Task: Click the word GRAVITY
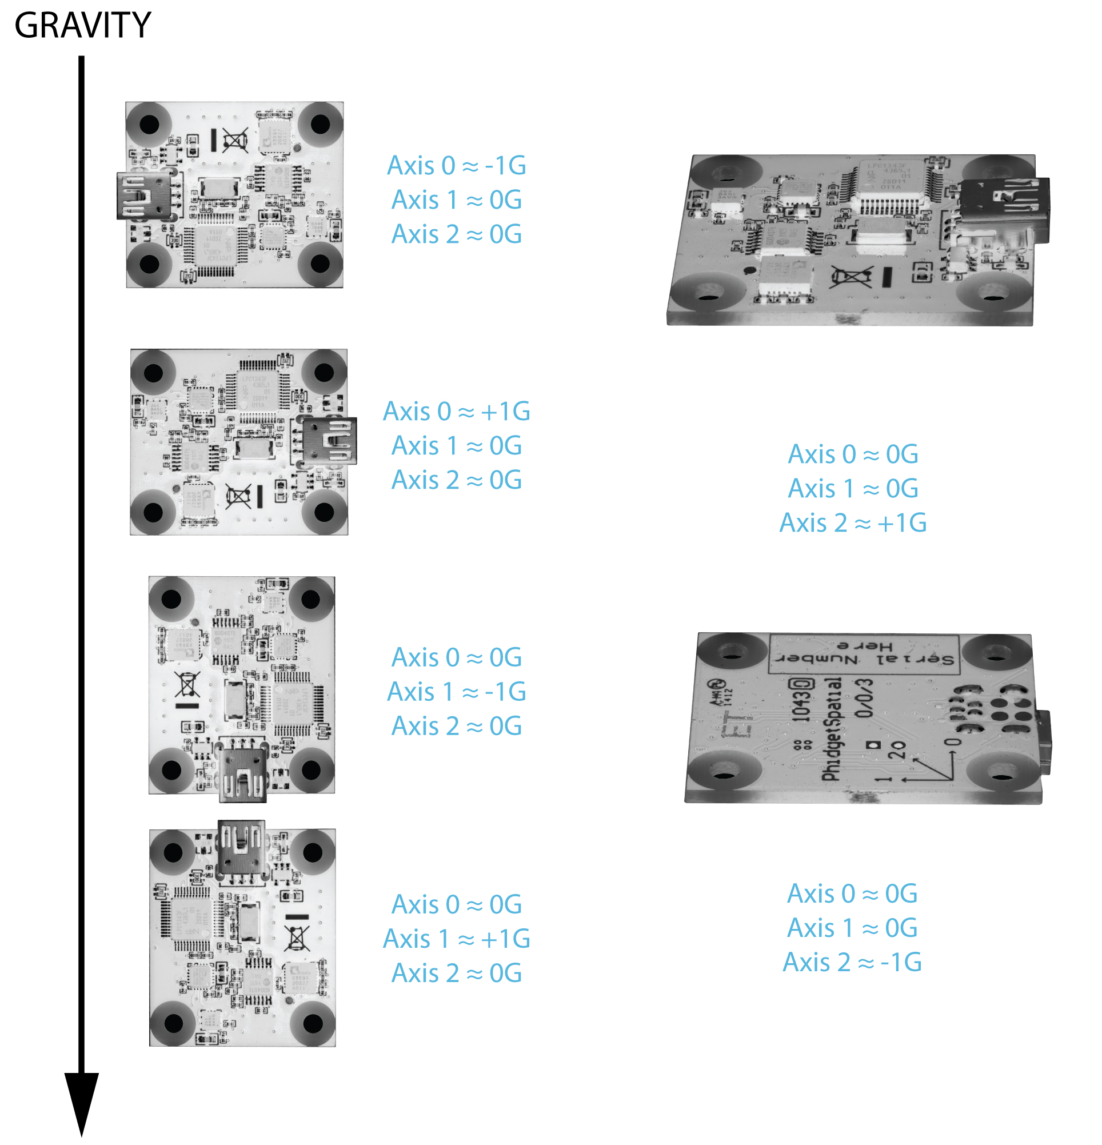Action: [x=82, y=26]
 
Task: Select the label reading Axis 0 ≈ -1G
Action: [x=457, y=166]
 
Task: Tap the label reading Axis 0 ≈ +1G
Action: [x=457, y=412]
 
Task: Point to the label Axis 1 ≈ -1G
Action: [x=457, y=692]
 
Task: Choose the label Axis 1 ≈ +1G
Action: [x=457, y=939]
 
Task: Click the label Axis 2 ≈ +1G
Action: [x=853, y=523]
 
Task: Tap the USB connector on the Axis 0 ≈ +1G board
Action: [x=329, y=441]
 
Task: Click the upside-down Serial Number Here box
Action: [x=864, y=652]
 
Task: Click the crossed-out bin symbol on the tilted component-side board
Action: [x=851, y=277]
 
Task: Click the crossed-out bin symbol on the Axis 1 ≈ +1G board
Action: [x=296, y=938]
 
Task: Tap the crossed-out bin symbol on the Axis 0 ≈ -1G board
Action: [x=235, y=140]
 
